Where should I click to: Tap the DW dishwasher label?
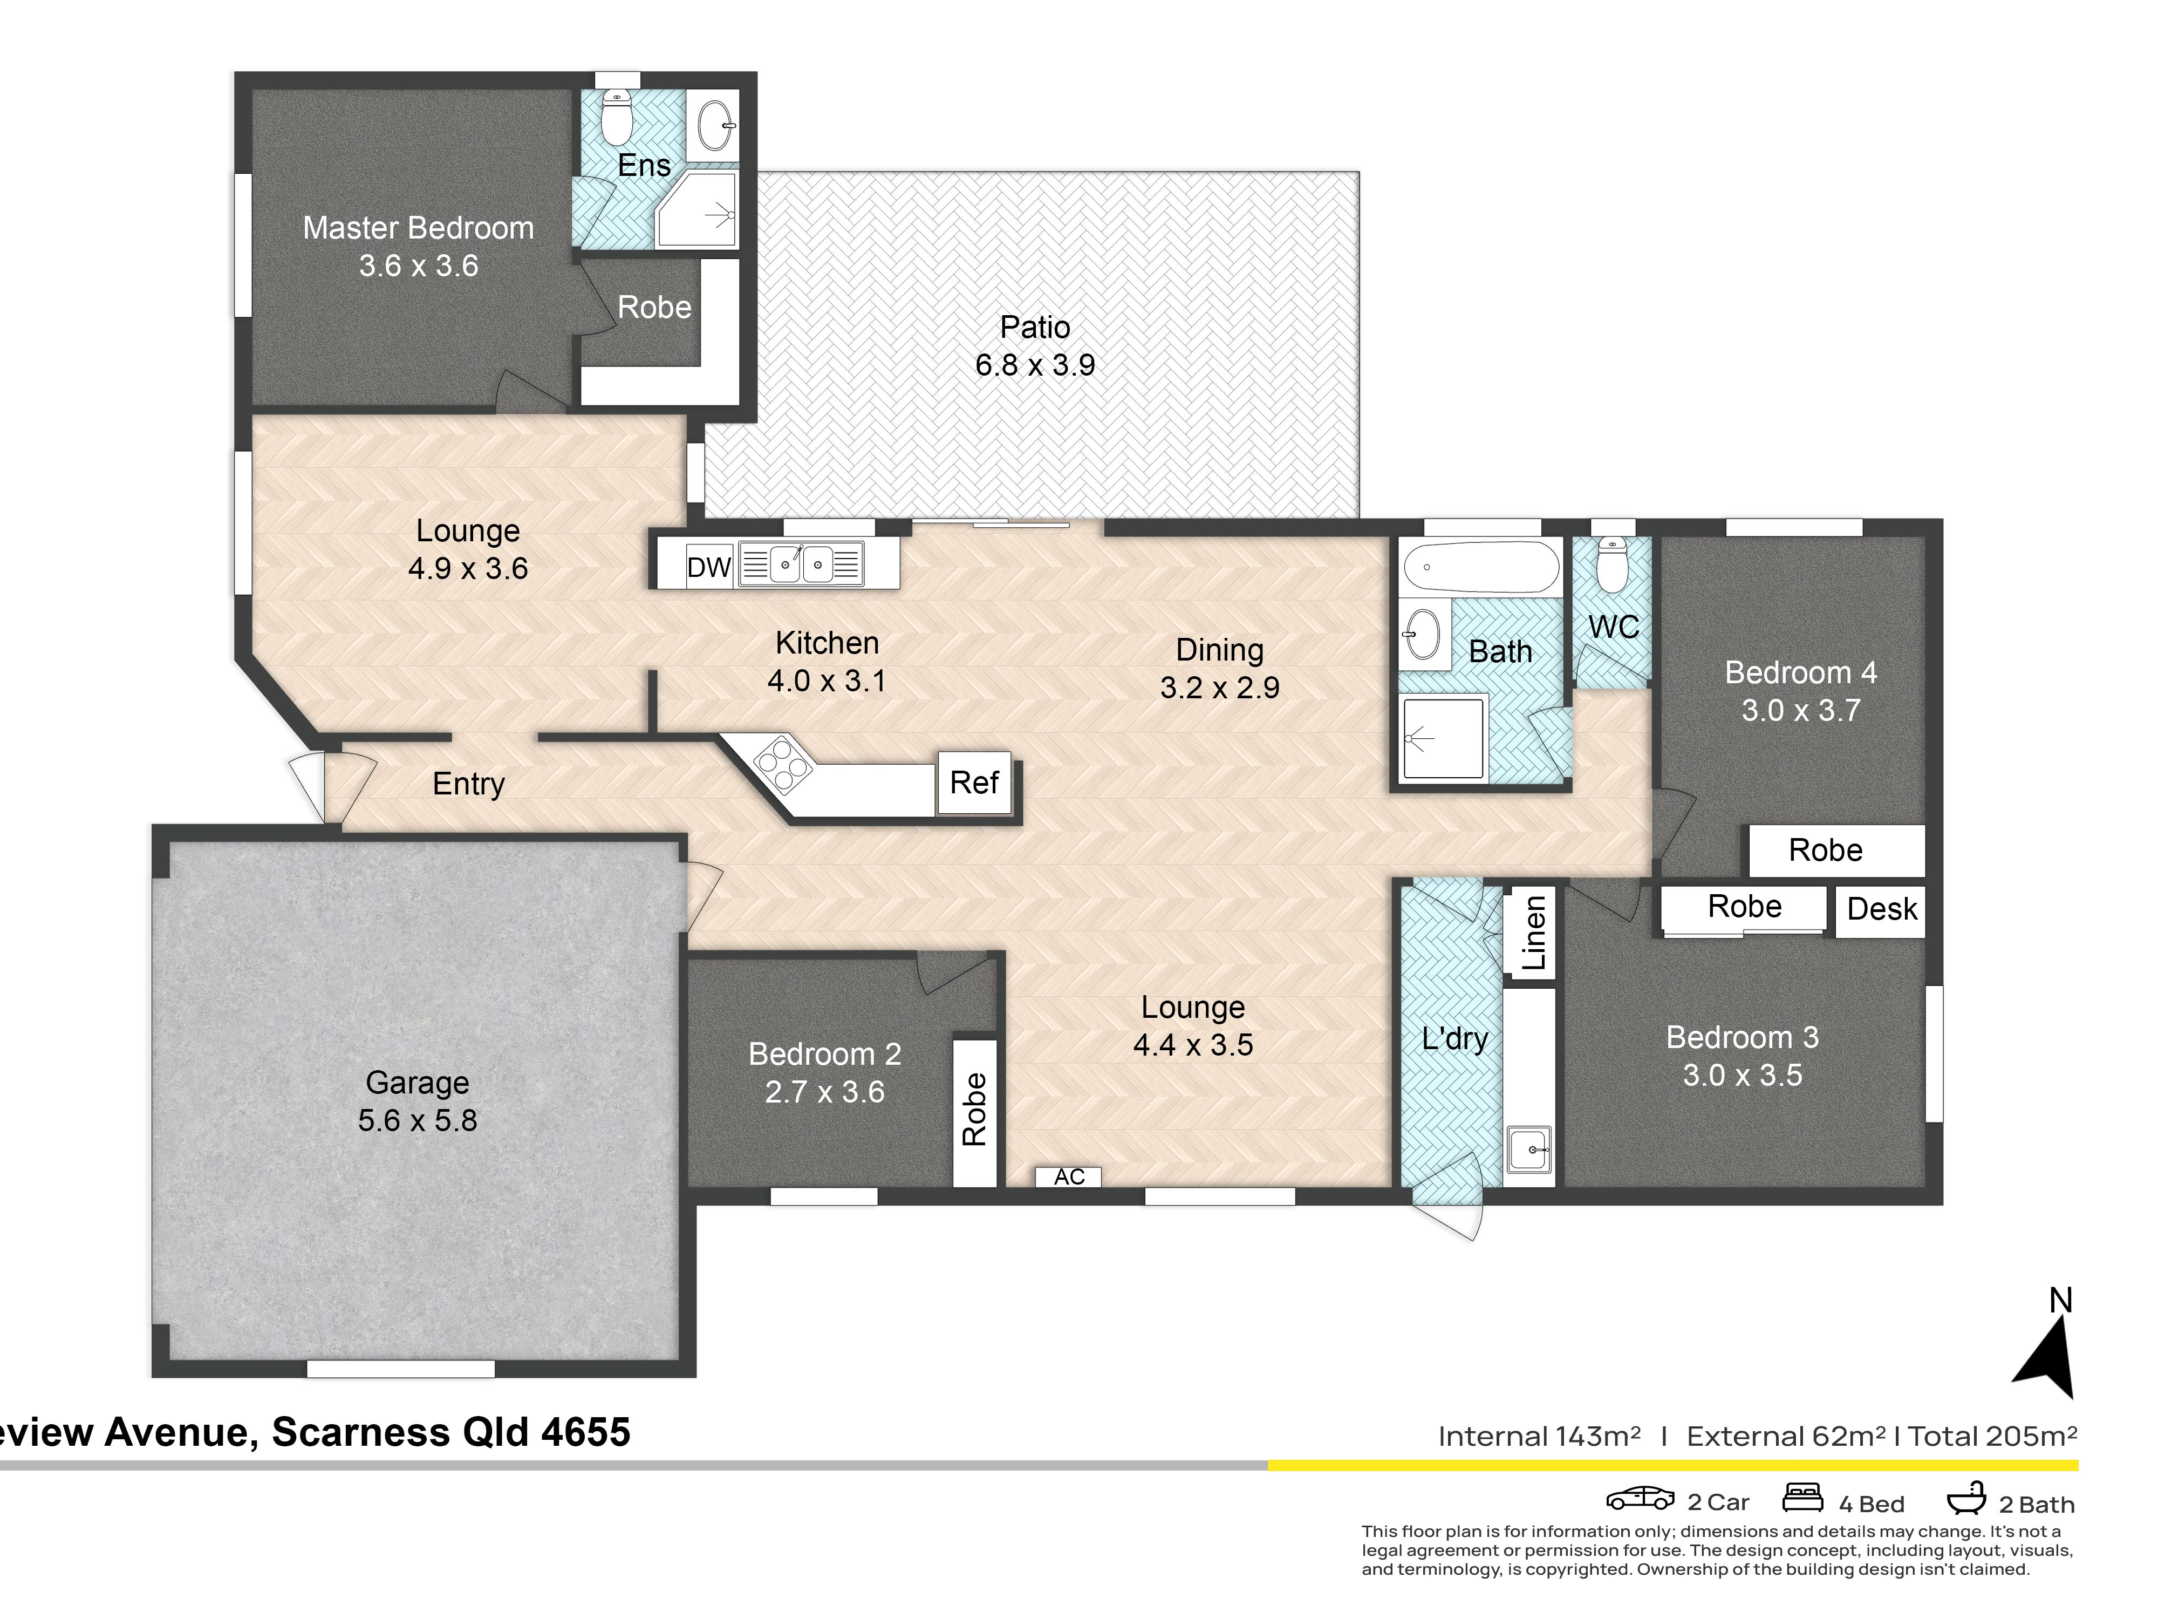pyautogui.click(x=709, y=567)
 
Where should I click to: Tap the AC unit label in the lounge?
pyautogui.click(x=1069, y=1177)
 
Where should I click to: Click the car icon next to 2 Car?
pyautogui.click(x=1641, y=1498)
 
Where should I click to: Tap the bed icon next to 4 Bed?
pyautogui.click(x=1803, y=1497)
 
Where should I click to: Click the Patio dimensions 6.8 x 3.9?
pyautogui.click(x=1035, y=365)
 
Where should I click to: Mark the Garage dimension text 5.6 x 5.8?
pyautogui.click(x=418, y=1120)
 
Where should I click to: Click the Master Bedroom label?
pyautogui.click(x=419, y=228)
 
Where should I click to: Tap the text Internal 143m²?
pyautogui.click(x=1540, y=1437)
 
